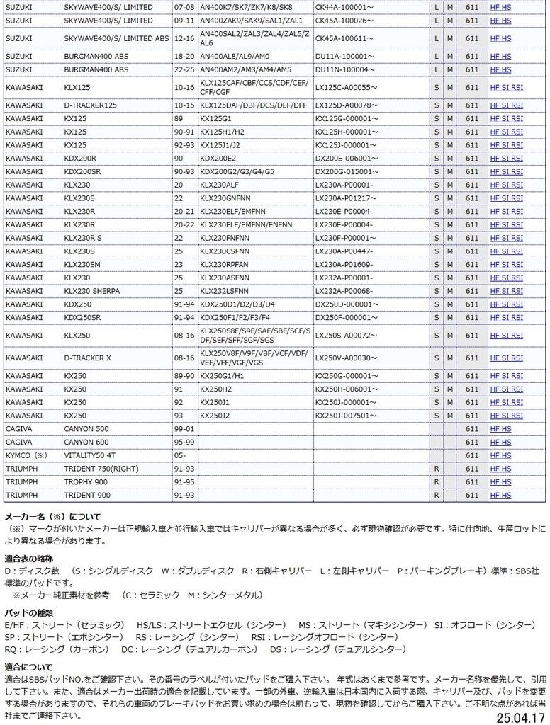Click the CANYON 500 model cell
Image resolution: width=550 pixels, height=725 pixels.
pyautogui.click(x=86, y=429)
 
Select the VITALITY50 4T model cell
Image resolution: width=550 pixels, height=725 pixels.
pyautogui.click(x=89, y=455)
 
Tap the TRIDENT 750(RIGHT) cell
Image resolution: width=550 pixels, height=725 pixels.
pyautogui.click(x=101, y=469)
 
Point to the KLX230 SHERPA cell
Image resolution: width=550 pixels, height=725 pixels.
pyautogui.click(x=91, y=290)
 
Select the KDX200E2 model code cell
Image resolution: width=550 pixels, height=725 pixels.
pyautogui.click(x=218, y=159)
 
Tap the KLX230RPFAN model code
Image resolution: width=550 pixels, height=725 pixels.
pyautogui.click(x=225, y=263)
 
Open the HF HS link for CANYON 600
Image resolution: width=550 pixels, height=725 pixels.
pyautogui.click(x=500, y=443)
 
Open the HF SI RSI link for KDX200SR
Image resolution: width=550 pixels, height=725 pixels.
pyautogui.click(x=506, y=171)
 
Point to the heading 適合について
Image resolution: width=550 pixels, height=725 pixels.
pyautogui.click(x=28, y=666)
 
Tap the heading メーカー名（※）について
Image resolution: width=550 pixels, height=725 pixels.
pyautogui.click(x=53, y=516)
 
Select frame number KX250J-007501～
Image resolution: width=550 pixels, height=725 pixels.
pyautogui.click(x=344, y=416)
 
